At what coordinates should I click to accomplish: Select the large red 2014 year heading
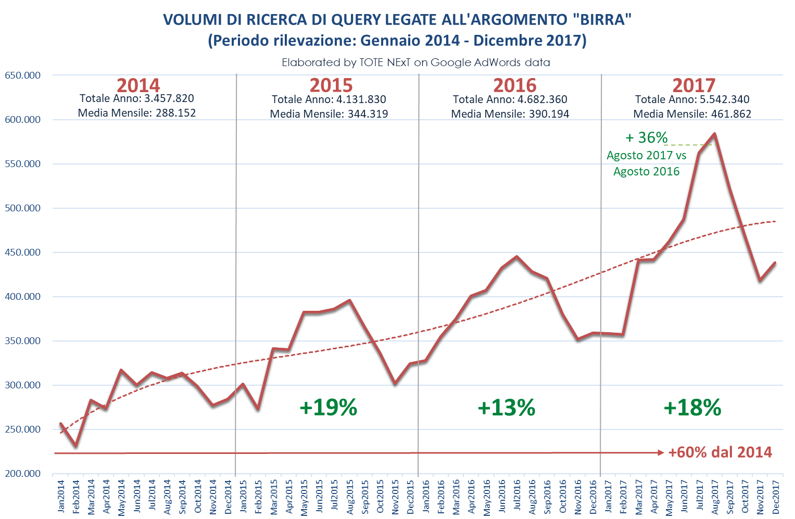(x=138, y=85)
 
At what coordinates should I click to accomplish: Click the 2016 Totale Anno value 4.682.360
(x=542, y=99)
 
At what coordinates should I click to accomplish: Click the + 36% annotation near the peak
(x=646, y=137)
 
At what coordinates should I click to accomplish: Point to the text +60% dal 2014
(x=720, y=452)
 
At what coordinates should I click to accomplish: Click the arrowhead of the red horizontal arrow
(x=661, y=453)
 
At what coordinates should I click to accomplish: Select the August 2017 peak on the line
(x=714, y=134)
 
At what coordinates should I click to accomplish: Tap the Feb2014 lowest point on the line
(x=75, y=446)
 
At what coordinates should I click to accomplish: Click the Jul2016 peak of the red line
(x=517, y=257)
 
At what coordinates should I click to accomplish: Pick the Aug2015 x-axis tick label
(x=350, y=497)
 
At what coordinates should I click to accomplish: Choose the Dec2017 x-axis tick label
(x=776, y=497)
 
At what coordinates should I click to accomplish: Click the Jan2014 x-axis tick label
(x=61, y=496)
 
